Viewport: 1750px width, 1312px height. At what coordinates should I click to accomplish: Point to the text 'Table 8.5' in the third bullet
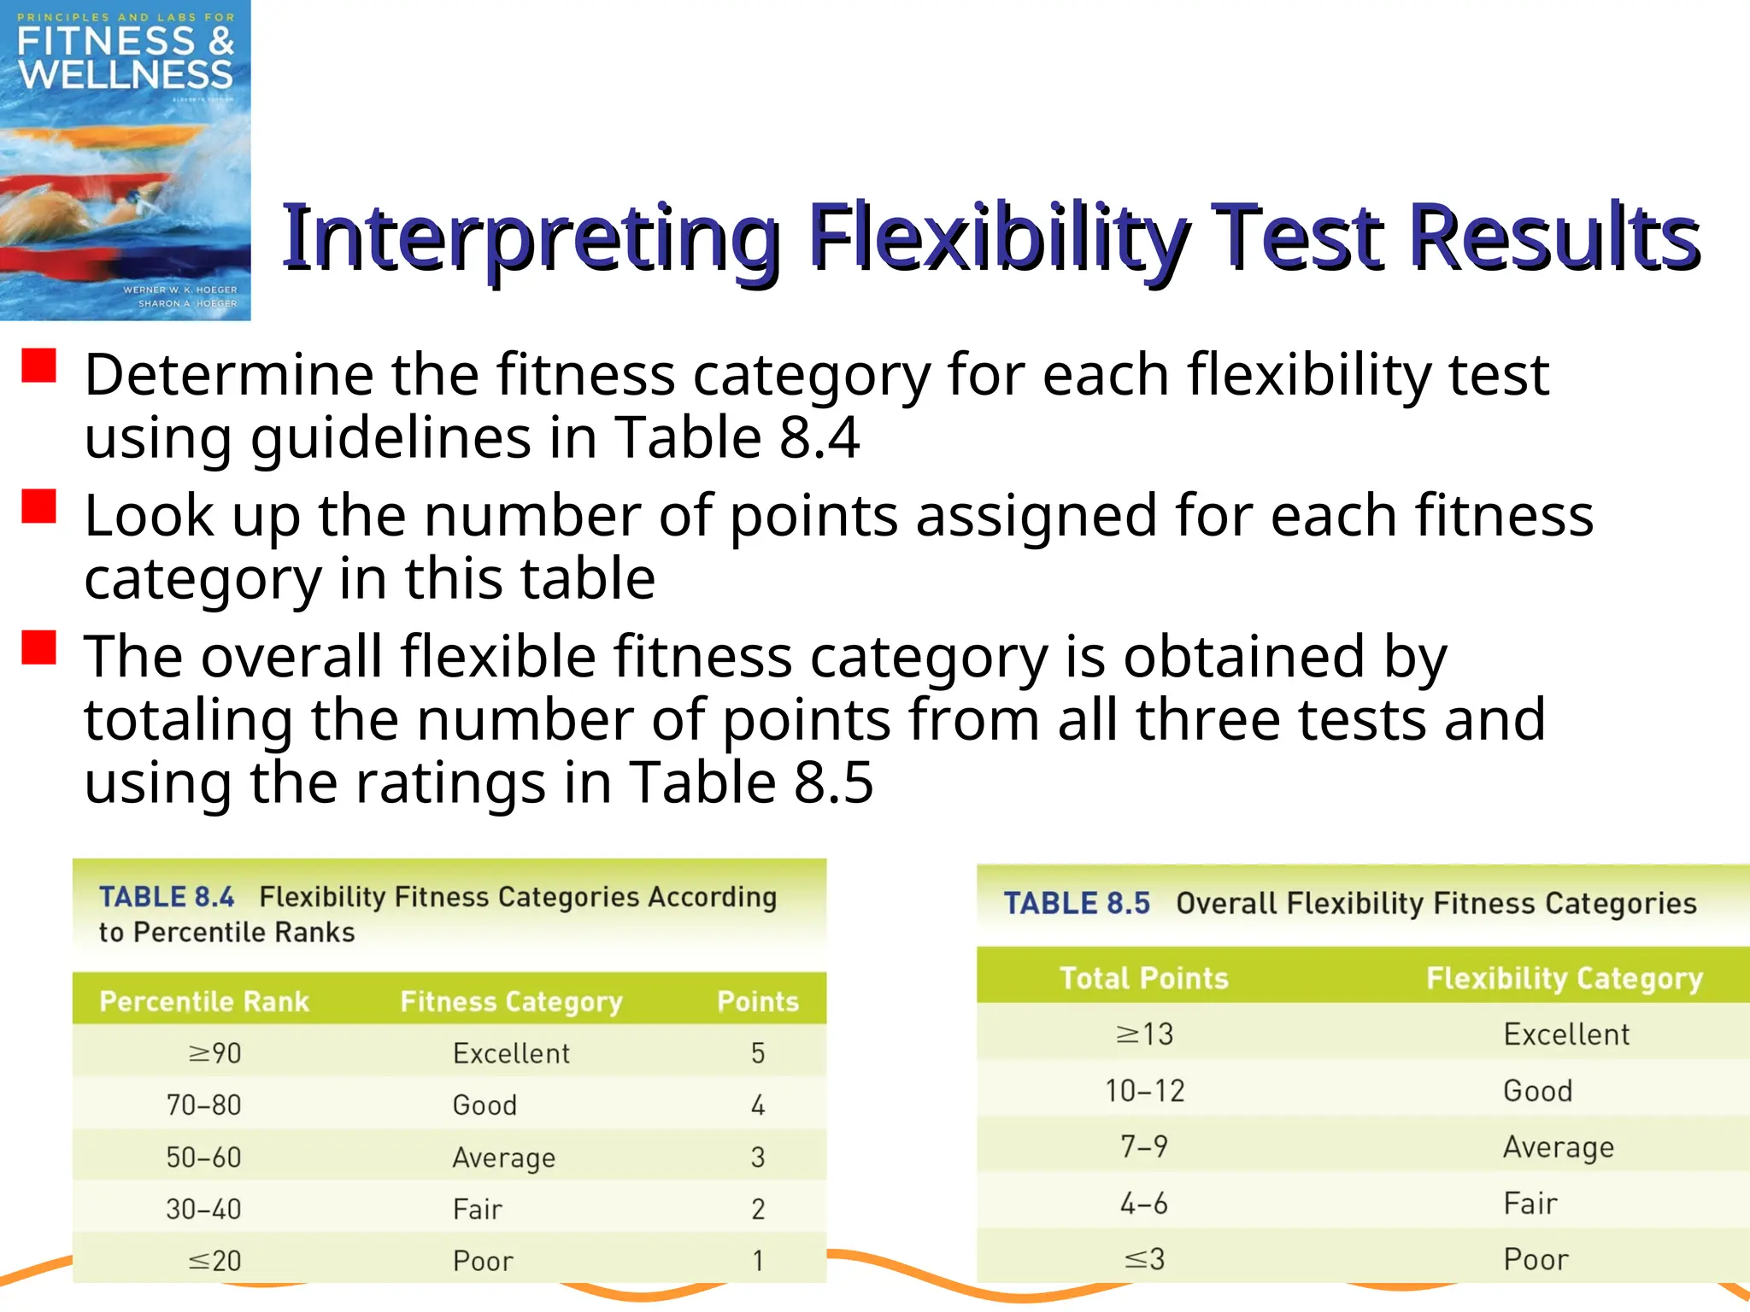pyautogui.click(x=751, y=782)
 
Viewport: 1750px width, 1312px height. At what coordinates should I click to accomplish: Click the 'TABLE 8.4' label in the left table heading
pyautogui.click(x=167, y=897)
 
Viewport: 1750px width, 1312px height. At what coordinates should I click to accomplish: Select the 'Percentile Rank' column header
pyautogui.click(x=204, y=1001)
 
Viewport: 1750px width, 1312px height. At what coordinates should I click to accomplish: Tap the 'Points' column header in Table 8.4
pyautogui.click(x=758, y=1001)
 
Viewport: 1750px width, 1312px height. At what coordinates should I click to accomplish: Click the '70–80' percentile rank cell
pyautogui.click(x=203, y=1105)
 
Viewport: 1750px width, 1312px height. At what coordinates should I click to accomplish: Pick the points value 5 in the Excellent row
pyautogui.click(x=758, y=1053)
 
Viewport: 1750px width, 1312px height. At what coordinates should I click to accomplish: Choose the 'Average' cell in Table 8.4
pyautogui.click(x=504, y=1158)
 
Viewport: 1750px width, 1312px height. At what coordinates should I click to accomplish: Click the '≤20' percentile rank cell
pyautogui.click(x=214, y=1261)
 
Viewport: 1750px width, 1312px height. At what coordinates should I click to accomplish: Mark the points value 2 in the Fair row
pyautogui.click(x=758, y=1209)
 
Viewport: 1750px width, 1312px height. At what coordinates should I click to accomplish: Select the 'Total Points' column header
pyautogui.click(x=1144, y=978)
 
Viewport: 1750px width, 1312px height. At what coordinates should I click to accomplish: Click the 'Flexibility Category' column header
pyautogui.click(x=1565, y=978)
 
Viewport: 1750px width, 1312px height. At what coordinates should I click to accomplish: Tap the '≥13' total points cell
pyautogui.click(x=1145, y=1034)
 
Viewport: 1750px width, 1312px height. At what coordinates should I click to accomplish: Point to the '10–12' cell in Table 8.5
pyautogui.click(x=1145, y=1091)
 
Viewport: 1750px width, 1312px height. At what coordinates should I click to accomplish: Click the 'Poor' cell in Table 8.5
pyautogui.click(x=1536, y=1260)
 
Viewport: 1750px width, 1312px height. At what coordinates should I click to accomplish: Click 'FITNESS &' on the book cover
pyautogui.click(x=125, y=41)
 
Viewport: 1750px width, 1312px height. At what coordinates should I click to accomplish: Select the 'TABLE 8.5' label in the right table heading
pyautogui.click(x=1077, y=904)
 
